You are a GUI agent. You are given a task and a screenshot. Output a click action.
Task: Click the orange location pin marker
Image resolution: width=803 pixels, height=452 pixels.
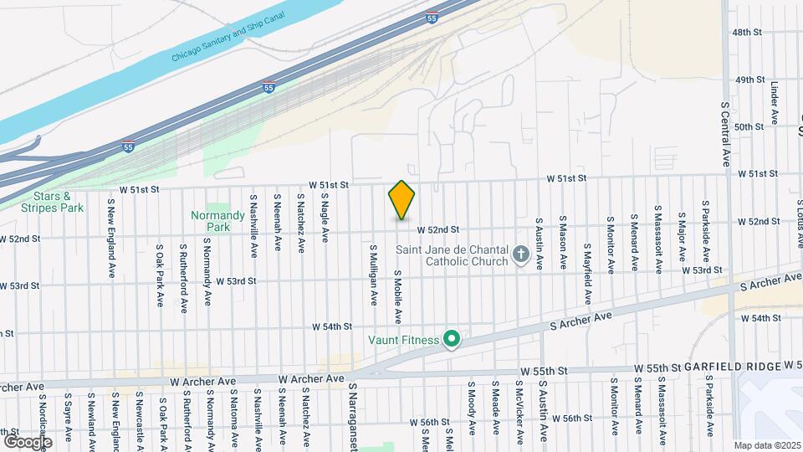point(401,200)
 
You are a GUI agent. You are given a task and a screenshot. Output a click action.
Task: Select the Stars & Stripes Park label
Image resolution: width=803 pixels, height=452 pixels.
point(54,202)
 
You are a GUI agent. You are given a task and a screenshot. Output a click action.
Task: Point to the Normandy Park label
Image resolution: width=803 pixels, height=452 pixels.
point(217,221)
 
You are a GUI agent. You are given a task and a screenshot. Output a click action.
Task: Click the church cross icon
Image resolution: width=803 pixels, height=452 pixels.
point(521,254)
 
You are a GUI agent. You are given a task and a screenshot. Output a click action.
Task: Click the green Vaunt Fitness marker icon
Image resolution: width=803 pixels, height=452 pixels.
point(452,339)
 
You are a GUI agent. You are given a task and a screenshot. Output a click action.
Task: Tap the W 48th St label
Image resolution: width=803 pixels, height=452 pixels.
point(749,32)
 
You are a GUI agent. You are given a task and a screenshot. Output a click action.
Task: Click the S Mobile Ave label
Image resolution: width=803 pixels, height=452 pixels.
point(397,298)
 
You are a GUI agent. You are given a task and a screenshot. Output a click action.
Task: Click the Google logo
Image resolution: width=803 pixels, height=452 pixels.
point(28,441)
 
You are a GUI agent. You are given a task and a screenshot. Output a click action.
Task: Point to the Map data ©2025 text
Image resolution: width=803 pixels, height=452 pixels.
point(766,445)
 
